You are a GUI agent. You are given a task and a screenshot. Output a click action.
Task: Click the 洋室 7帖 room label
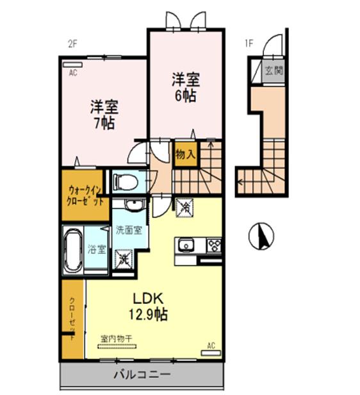tap(102, 114)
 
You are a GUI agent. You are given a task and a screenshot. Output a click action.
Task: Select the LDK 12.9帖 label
tap(151, 306)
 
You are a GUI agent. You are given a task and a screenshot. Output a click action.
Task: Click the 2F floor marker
tap(72, 44)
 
